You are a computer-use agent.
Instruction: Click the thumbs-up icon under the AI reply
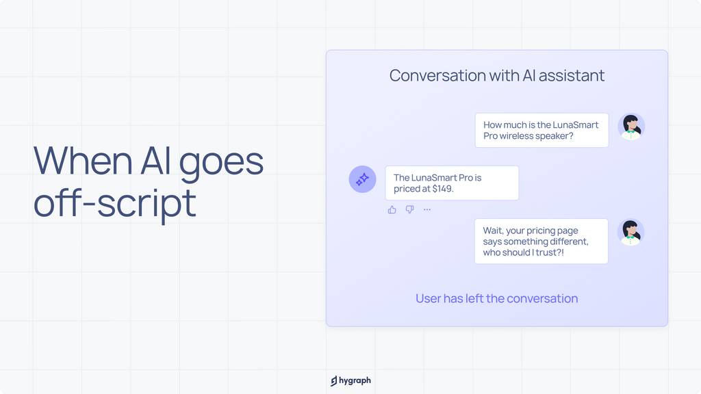pyautogui.click(x=392, y=209)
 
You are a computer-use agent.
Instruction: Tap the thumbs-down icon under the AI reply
pyautogui.click(x=409, y=209)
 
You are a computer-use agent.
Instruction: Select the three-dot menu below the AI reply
pyautogui.click(x=427, y=209)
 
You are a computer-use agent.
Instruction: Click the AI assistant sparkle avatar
pyautogui.click(x=363, y=179)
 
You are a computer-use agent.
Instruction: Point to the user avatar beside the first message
pyautogui.click(x=631, y=127)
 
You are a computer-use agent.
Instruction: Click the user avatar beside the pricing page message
pyautogui.click(x=630, y=232)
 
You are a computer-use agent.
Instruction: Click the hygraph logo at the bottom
pyautogui.click(x=351, y=380)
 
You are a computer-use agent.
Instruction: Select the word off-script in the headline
pyautogui.click(x=115, y=203)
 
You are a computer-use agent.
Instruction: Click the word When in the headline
pyautogui.click(x=83, y=160)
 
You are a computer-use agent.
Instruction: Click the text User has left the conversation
pyautogui.click(x=497, y=298)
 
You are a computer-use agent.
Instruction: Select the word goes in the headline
pyautogui.click(x=221, y=163)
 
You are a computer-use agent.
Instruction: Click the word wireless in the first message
pyautogui.click(x=515, y=136)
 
